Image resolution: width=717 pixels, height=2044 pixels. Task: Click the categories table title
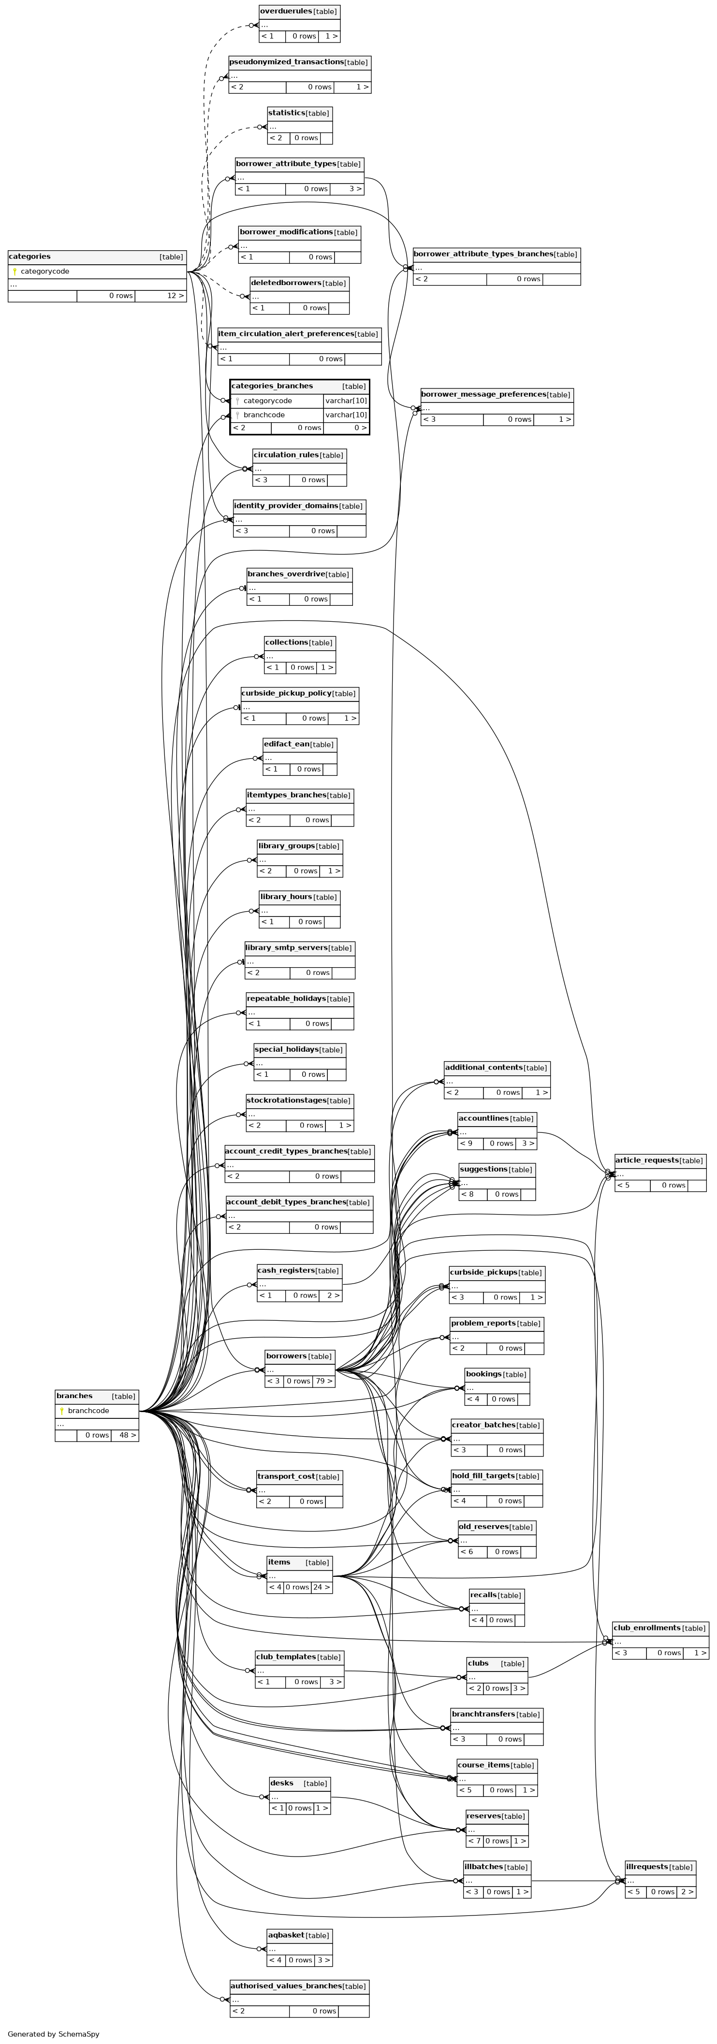29,257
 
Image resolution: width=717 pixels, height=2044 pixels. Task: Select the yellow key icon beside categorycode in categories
15,272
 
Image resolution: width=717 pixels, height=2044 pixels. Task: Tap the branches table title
74,1396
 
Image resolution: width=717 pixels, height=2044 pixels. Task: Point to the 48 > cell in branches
125,1435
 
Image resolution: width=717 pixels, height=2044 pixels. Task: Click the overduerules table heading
286,11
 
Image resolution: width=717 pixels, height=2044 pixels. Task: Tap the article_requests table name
646,1160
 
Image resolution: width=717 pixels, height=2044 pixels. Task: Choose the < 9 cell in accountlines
470,1143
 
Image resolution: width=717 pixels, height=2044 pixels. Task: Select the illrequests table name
646,1867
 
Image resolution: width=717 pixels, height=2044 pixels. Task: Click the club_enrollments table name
646,1628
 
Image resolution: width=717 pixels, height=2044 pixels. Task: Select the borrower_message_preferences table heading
483,394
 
